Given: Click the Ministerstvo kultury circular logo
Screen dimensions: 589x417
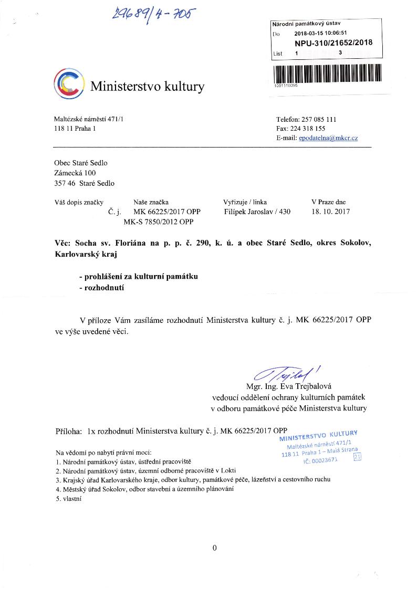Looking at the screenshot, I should pyautogui.click(x=69, y=84).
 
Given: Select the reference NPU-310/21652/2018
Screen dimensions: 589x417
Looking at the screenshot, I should pyautogui.click(x=333, y=43).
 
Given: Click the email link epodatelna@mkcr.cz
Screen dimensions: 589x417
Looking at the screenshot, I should pyautogui.click(x=328, y=138).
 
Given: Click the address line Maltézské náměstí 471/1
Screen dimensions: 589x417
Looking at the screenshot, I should pyautogui.click(x=89, y=119).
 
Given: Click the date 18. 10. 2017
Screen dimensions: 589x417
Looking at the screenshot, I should pyautogui.click(x=330, y=212).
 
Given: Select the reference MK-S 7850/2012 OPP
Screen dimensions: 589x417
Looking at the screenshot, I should pyautogui.click(x=158, y=222).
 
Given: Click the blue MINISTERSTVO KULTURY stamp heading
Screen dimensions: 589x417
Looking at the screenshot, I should pyautogui.click(x=318, y=436).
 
